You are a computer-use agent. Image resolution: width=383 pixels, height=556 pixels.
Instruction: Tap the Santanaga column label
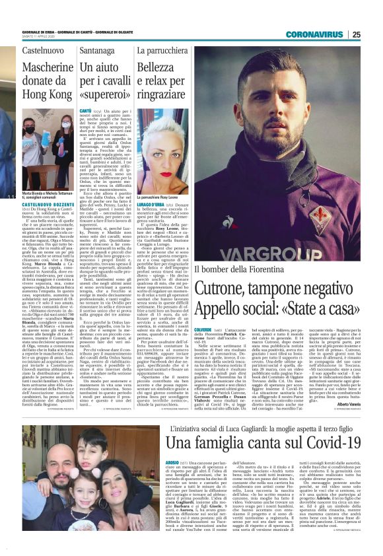point(97,50)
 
